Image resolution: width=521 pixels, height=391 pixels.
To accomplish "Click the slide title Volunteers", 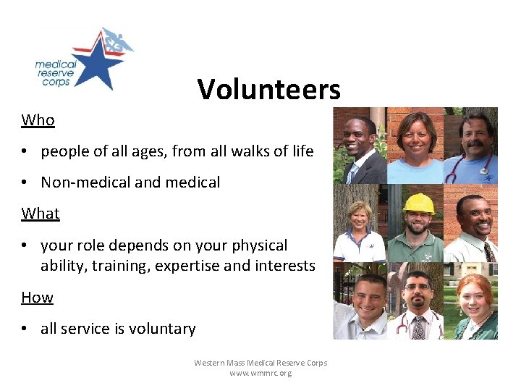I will pos(268,90).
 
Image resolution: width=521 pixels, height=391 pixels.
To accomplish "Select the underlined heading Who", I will pos(38,120).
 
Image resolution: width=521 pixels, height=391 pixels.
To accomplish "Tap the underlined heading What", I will pos(41,214).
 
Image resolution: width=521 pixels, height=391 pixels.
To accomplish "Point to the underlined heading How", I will pos(37,298).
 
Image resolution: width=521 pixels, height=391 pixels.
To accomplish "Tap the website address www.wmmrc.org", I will pos(260,374).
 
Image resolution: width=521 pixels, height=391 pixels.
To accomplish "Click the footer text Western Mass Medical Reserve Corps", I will pos(260,363).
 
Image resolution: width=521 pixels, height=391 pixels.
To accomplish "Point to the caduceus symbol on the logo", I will pos(115,42).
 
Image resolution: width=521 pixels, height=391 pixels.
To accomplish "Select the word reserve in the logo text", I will pos(53,73).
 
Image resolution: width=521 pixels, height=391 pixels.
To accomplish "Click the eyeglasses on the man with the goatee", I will pos(415,287).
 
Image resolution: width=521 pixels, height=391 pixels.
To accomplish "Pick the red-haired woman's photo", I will pos(472,304).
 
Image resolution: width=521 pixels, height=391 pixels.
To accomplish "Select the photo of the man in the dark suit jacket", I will pos(360,146).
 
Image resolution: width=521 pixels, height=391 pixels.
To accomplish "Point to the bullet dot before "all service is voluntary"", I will pos(25,329).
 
